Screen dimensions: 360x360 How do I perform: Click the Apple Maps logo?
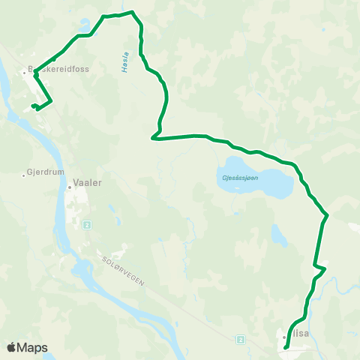(x=27, y=347)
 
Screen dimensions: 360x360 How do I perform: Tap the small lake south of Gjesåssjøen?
(x=279, y=236)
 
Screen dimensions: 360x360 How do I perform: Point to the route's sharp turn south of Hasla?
(x=153, y=137)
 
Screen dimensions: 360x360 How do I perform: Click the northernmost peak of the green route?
(x=132, y=11)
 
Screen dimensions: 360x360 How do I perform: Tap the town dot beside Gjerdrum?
(x=23, y=175)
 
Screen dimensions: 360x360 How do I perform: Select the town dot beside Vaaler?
(x=69, y=187)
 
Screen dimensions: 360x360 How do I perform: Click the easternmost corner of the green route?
(x=328, y=217)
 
